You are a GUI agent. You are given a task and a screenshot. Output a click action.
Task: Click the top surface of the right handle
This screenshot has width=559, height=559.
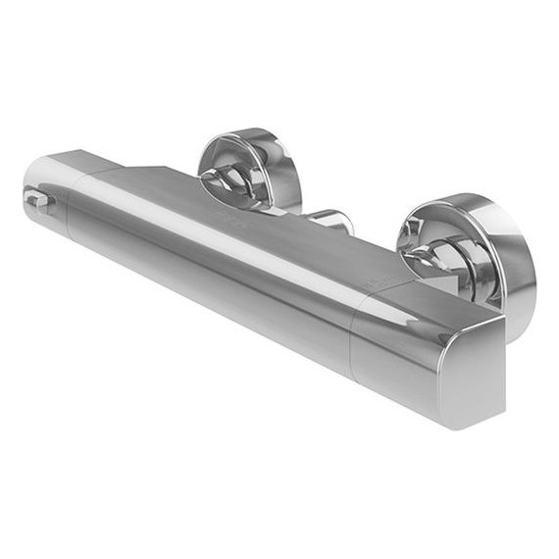point(432,299)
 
